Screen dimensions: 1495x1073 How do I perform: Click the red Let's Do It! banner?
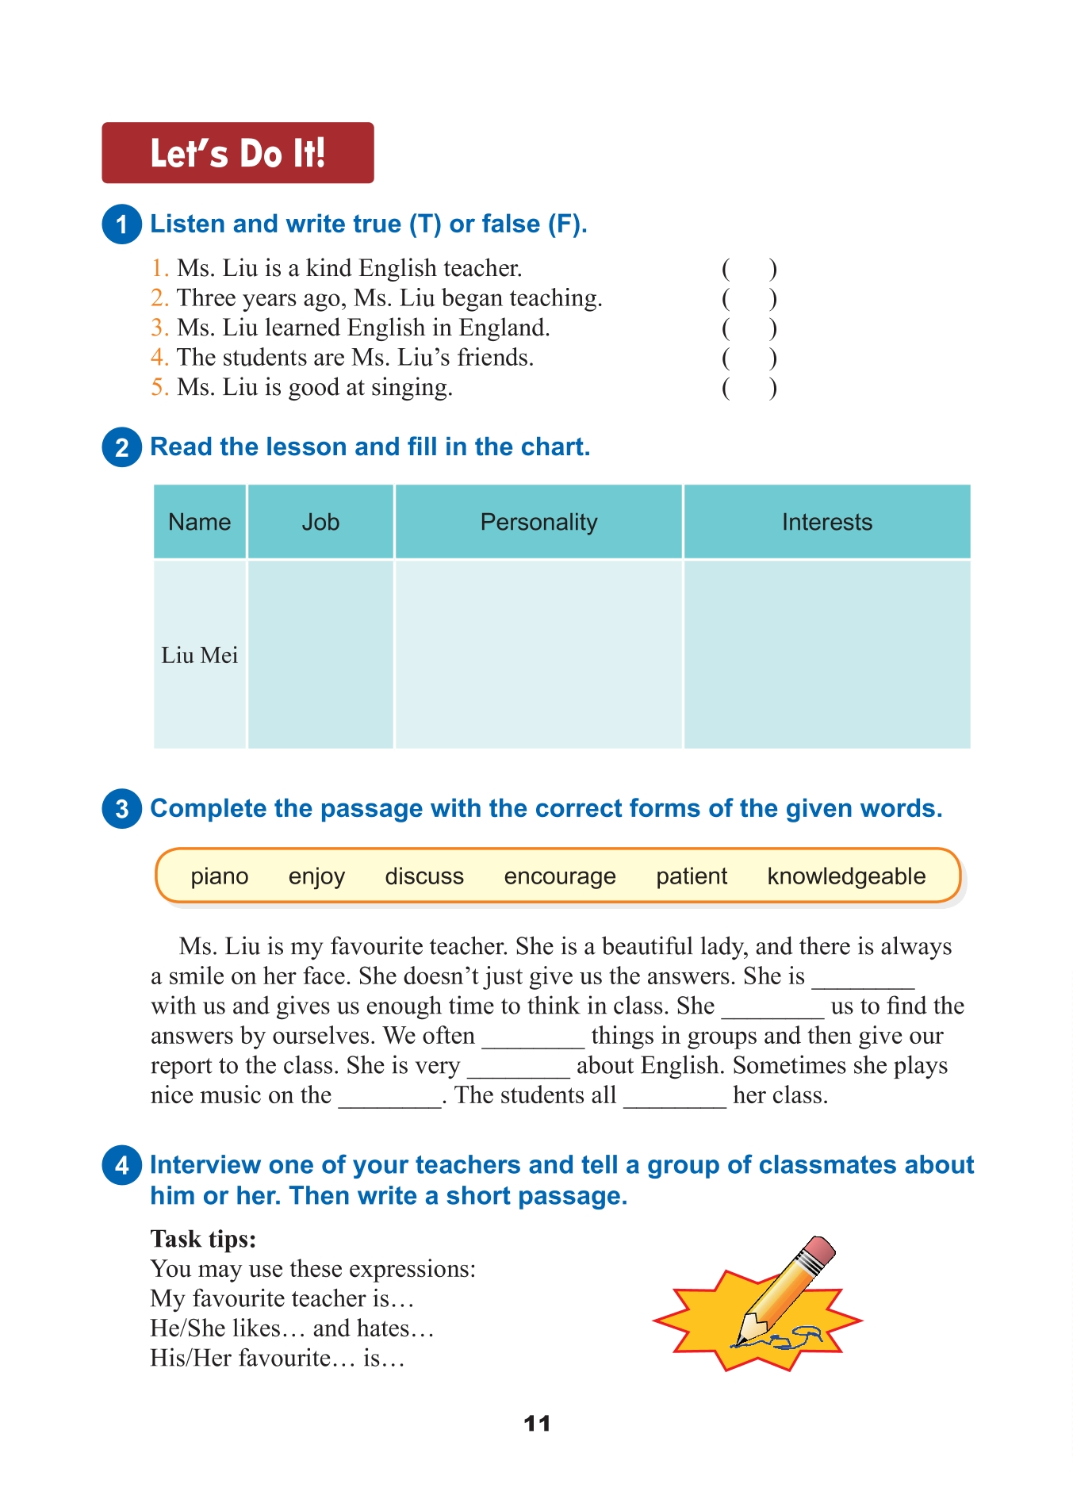click(237, 153)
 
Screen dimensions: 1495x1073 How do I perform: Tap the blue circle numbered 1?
click(121, 224)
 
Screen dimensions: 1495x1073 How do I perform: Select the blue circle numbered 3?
click(121, 809)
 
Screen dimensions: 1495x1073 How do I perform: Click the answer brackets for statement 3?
click(749, 328)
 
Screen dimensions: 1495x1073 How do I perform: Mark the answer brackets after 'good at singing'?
click(749, 388)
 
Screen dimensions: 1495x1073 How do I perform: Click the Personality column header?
click(538, 522)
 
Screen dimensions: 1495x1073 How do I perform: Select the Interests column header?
click(826, 522)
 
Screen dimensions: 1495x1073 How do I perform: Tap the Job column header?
click(320, 522)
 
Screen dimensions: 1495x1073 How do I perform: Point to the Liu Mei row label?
click(200, 655)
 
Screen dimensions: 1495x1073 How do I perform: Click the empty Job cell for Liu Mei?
click(320, 654)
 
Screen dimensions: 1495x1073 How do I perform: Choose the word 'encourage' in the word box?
click(560, 876)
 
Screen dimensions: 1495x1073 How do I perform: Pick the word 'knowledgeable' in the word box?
click(846, 876)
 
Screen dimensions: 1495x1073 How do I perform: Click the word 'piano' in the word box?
click(220, 876)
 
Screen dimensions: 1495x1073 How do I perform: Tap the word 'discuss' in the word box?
click(424, 876)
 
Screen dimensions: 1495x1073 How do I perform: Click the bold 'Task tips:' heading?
click(204, 1239)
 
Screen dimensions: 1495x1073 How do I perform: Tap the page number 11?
click(537, 1424)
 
